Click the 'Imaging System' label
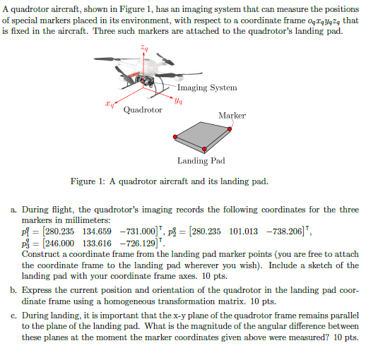pos(207,88)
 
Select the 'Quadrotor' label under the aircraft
pos(143,110)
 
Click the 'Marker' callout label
pos(232,115)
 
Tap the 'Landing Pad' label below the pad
pos(201,161)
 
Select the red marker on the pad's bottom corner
pos(204,150)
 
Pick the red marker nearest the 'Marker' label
pos(232,128)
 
